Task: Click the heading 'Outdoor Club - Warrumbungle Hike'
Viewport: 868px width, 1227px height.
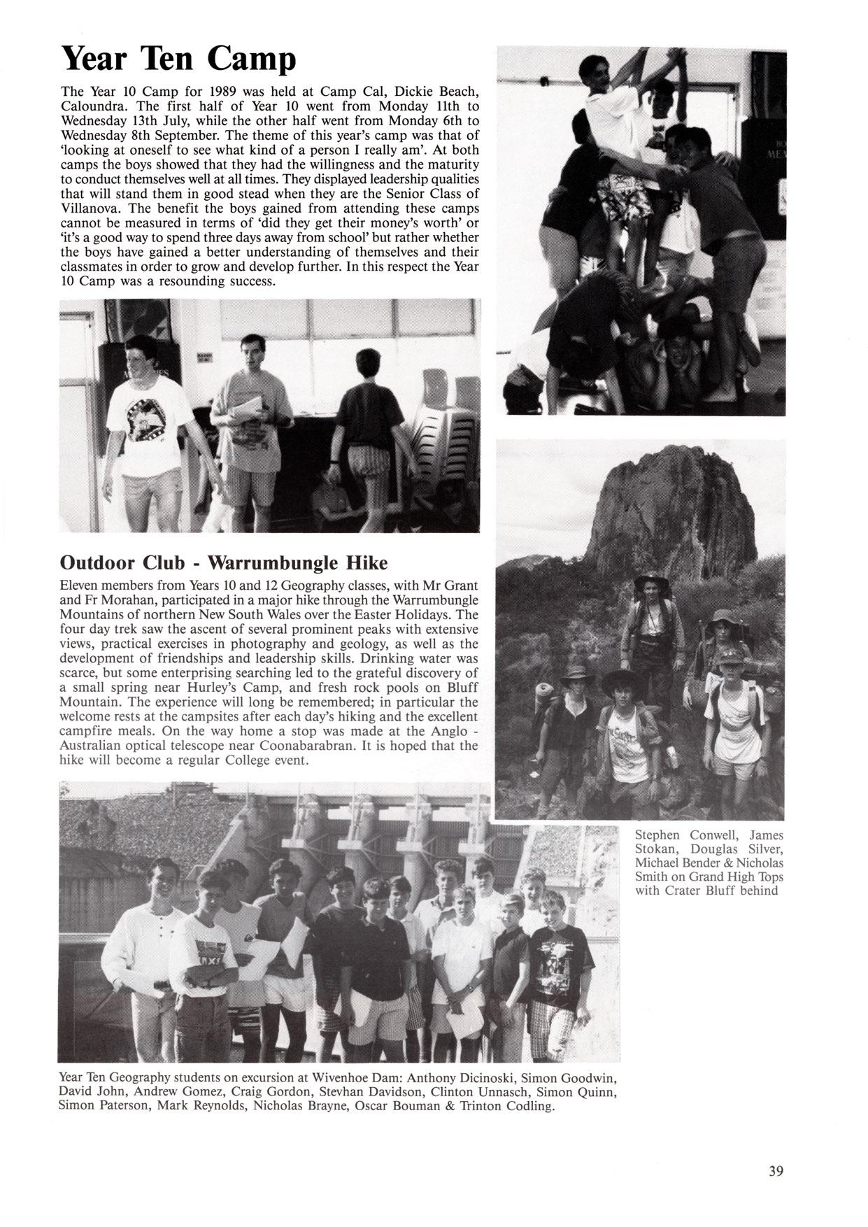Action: (x=224, y=562)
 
